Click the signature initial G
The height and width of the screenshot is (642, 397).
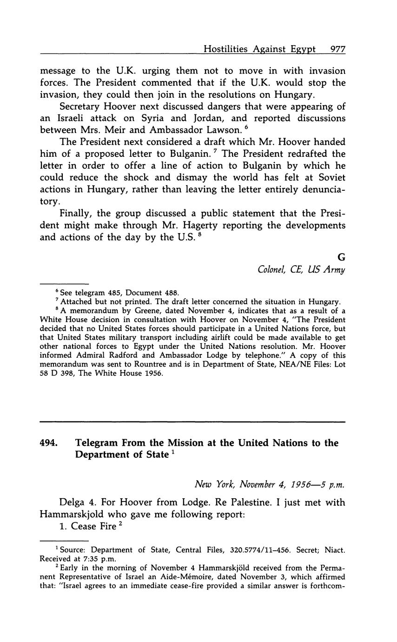pyautogui.click(x=342, y=257)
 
